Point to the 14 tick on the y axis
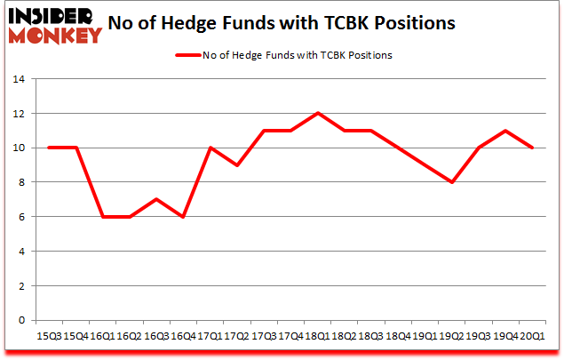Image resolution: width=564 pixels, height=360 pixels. [x=19, y=79]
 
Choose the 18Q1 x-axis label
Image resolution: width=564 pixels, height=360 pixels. [x=317, y=336]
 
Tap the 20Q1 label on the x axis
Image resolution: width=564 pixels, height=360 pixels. [x=532, y=336]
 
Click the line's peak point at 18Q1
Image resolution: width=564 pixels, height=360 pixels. [x=317, y=113]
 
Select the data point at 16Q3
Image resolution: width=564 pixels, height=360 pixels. [x=155, y=199]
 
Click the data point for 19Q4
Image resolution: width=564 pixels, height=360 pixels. [x=505, y=131]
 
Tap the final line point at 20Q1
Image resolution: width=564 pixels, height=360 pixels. [x=532, y=148]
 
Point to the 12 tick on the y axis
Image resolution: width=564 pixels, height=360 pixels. [x=19, y=114]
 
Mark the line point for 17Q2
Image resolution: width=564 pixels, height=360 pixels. [x=236, y=165]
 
